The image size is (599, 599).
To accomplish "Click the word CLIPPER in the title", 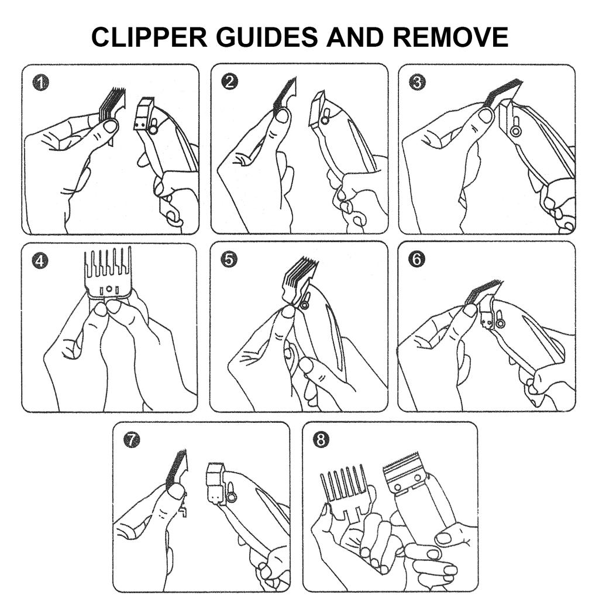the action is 149,37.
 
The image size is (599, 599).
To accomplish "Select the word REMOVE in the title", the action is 450,37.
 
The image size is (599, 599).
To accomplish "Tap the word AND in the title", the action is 355,37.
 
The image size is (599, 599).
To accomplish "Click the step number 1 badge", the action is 41,82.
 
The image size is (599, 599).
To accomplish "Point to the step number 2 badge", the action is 229,82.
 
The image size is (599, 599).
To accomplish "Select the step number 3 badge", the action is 417,82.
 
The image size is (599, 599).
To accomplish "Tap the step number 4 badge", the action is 40,261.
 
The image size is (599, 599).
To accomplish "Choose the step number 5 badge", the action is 229,260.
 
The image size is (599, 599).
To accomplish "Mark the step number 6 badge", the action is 416,259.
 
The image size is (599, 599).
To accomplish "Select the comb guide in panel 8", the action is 346,493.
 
